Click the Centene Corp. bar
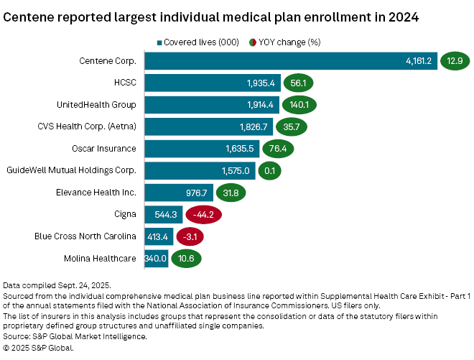coord(287,61)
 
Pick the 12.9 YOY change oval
coord(455,61)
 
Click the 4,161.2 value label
coord(418,61)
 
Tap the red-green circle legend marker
coord(252,42)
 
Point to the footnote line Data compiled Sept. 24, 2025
coord(57,286)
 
